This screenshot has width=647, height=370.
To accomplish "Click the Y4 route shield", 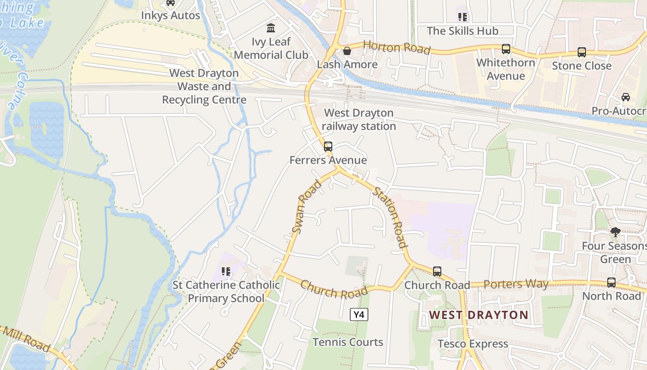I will coord(359,315).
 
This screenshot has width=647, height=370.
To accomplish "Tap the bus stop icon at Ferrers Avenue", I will coord(328,147).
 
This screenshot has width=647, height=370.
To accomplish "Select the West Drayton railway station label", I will coord(359,119).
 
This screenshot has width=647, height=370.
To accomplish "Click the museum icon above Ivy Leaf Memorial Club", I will coord(271,28).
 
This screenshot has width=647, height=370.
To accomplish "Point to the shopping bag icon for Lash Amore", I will coord(347,51).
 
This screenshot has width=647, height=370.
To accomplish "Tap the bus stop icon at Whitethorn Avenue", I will coord(506,49).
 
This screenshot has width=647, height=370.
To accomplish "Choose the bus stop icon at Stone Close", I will coord(581,52).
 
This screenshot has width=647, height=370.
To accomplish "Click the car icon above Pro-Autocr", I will coord(625,97).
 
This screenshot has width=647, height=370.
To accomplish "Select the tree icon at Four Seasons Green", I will coord(615,232).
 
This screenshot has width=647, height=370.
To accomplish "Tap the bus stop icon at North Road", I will coord(611,282).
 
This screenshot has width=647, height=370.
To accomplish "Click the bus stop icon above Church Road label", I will coord(437,271).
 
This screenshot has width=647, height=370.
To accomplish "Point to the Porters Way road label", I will coord(516,284).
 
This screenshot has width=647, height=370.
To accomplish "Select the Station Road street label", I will coord(391,217).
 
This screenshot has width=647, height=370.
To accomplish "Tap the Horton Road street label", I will coord(397,47).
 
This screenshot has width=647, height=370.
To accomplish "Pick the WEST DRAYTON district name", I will coord(478,315).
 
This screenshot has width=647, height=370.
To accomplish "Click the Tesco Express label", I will coord(473,344).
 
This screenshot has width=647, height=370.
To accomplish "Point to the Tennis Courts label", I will coord(348,342).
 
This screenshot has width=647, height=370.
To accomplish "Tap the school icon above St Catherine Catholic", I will coord(226,271).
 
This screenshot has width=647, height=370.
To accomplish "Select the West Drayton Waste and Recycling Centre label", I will coord(204,86).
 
